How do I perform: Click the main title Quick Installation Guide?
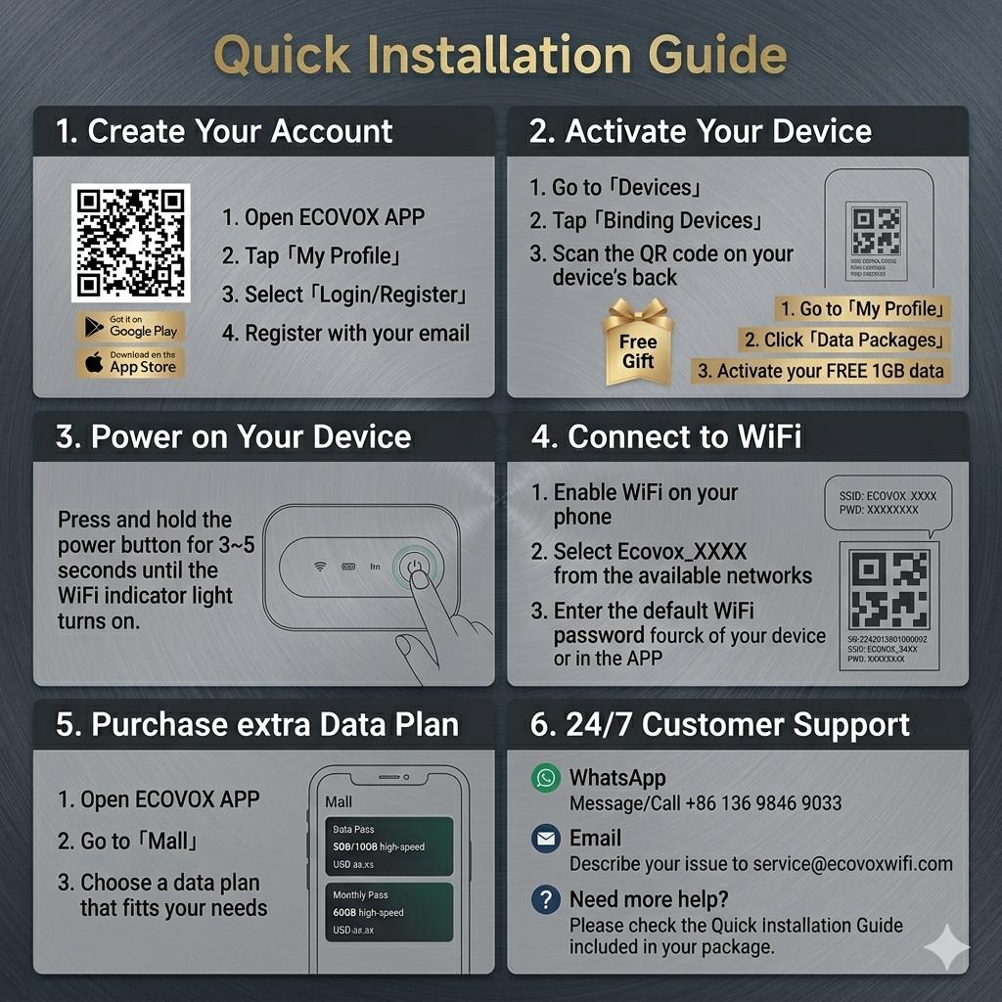click(x=500, y=56)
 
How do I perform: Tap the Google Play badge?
click(x=131, y=326)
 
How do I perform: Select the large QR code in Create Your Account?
click(x=130, y=242)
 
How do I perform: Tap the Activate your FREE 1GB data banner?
click(x=820, y=371)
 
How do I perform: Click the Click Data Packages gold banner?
click(x=844, y=340)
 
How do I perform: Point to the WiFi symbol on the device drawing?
click(x=319, y=566)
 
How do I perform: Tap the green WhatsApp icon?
click(x=545, y=779)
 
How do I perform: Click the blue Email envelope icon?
click(x=545, y=839)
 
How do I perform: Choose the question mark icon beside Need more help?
click(x=545, y=899)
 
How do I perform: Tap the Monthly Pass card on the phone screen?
click(x=388, y=911)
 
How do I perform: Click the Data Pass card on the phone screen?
click(x=388, y=845)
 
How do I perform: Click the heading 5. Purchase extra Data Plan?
click(x=257, y=725)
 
